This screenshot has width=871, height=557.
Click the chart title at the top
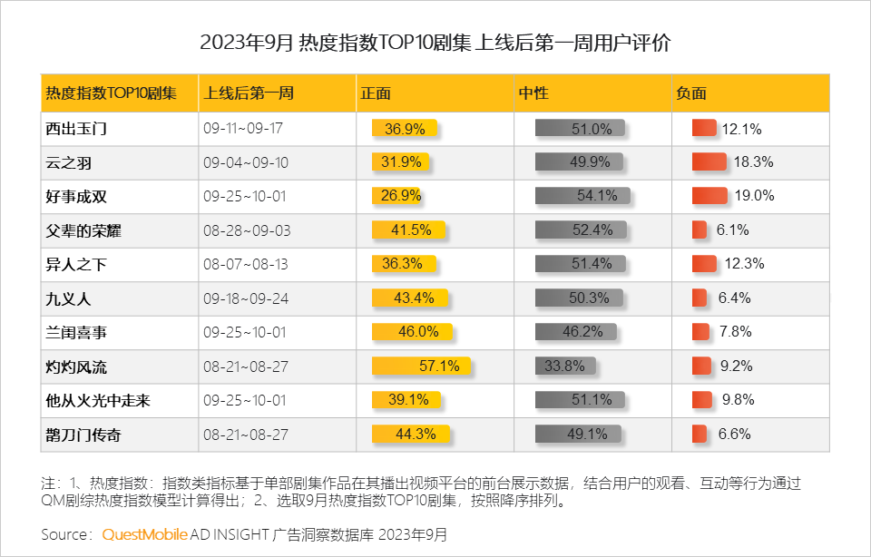point(435,43)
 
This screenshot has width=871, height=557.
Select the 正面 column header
point(376,93)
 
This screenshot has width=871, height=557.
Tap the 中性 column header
point(533,93)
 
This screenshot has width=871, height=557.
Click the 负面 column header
point(691,93)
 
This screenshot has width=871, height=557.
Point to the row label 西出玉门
point(76,129)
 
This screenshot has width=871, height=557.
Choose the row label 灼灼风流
point(76,367)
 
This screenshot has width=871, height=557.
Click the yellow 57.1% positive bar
point(421,366)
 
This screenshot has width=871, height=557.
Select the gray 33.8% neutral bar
point(565,366)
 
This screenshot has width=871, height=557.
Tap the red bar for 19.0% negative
point(710,196)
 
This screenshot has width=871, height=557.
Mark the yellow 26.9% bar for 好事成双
point(398,196)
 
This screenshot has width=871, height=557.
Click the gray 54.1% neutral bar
point(579,196)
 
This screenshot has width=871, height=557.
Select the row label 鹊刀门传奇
point(83,435)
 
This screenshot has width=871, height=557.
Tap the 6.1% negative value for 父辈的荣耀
point(732,230)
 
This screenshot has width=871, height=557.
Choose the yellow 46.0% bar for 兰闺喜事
point(413,332)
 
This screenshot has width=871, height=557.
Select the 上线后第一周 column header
point(250,93)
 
